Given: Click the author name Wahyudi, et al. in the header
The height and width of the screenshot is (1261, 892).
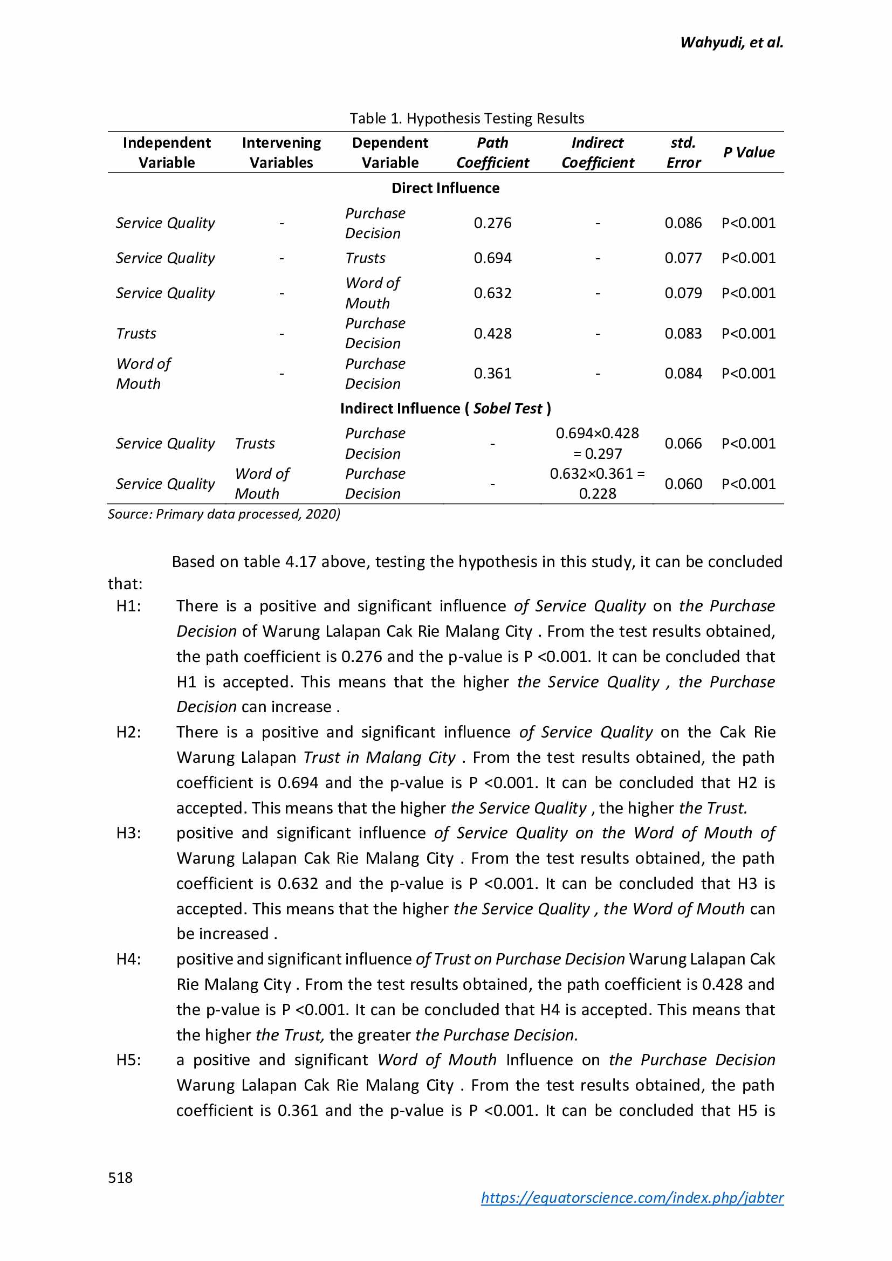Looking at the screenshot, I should point(731,42).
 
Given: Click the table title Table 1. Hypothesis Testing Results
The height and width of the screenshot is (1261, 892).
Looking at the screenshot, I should point(466,118).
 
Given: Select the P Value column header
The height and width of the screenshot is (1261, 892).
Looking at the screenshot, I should point(748,152).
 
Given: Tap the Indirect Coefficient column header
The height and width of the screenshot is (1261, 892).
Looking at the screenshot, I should point(597,152).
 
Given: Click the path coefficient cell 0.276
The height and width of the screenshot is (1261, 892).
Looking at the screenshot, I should point(492,223).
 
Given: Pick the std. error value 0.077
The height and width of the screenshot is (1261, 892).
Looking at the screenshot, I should point(683,258).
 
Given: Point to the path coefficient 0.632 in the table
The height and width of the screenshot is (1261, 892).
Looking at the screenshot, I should point(492,293).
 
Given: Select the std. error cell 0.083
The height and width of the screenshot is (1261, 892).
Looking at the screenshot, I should point(683,333).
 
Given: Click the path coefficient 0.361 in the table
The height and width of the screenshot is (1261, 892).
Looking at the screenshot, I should point(492,374).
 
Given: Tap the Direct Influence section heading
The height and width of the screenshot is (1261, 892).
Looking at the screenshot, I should point(445,188).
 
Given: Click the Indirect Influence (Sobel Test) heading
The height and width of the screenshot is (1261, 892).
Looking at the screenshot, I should point(445,408).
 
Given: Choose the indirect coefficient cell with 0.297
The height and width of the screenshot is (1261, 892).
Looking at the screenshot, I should point(597,443).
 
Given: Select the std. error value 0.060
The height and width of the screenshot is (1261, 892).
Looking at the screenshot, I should point(683,484).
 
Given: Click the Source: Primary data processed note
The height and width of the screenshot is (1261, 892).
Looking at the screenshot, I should point(224,514).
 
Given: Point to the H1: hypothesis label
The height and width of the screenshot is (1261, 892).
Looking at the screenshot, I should point(128,606).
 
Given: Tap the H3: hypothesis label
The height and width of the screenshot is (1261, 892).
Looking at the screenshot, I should point(128,832).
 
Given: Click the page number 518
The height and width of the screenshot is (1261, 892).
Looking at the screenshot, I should point(120,1177).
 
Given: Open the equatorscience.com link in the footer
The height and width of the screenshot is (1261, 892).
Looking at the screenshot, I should point(632,1197).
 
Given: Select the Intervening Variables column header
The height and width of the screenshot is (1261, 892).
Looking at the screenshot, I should point(281,152).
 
